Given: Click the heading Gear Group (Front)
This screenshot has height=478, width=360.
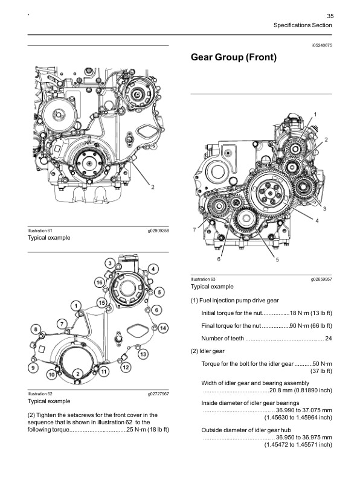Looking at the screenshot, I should pyautogui.click(x=233, y=57).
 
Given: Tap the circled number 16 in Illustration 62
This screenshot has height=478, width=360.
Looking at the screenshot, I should pyautogui.click(x=98, y=282).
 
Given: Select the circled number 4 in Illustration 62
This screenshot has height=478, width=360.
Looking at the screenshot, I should pyautogui.click(x=153, y=269).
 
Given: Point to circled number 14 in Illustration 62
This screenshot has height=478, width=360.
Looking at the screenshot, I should pyautogui.click(x=162, y=327).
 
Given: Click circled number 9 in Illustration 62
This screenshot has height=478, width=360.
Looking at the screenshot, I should pyautogui.click(x=31, y=368).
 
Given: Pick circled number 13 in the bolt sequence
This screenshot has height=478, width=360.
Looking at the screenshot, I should pyautogui.click(x=143, y=355).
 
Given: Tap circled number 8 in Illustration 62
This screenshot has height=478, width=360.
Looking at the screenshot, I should pyautogui.click(x=36, y=329).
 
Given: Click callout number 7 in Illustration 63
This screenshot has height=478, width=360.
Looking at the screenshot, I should pyautogui.click(x=194, y=230).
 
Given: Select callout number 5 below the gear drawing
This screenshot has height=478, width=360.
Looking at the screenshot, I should pyautogui.click(x=277, y=260).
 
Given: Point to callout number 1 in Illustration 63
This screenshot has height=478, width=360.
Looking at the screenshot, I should pyautogui.click(x=315, y=114).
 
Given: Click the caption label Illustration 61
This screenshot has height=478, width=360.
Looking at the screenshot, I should pyautogui.click(x=40, y=231).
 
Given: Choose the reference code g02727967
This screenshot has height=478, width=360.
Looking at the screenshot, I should pyautogui.click(x=158, y=394).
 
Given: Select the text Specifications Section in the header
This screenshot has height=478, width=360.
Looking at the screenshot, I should pyautogui.click(x=303, y=26).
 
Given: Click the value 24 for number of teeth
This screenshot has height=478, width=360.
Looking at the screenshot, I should pyautogui.click(x=329, y=338).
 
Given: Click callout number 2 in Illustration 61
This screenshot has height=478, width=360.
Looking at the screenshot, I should pyautogui.click(x=153, y=186).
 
